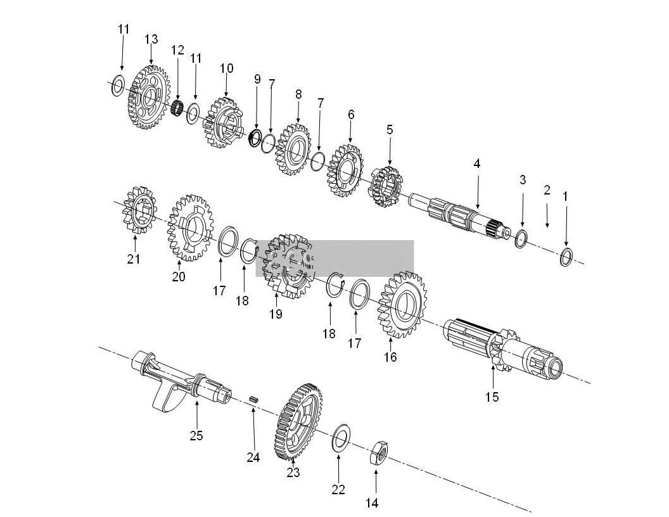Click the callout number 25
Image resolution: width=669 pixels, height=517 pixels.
tap(196, 436)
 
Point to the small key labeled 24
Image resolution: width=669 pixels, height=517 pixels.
tap(252, 399)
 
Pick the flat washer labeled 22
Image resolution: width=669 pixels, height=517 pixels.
tap(340, 438)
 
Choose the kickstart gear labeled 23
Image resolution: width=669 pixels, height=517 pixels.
tap(298, 421)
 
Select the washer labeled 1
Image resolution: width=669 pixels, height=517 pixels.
tap(566, 257)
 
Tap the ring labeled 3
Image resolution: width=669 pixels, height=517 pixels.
tap(521, 239)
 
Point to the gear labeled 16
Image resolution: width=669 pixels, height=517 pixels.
tap(401, 305)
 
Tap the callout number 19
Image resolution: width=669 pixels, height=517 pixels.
tap(276, 314)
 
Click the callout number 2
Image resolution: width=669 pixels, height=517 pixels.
tap(547, 190)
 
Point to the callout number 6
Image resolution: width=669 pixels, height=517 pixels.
tap(351, 115)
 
